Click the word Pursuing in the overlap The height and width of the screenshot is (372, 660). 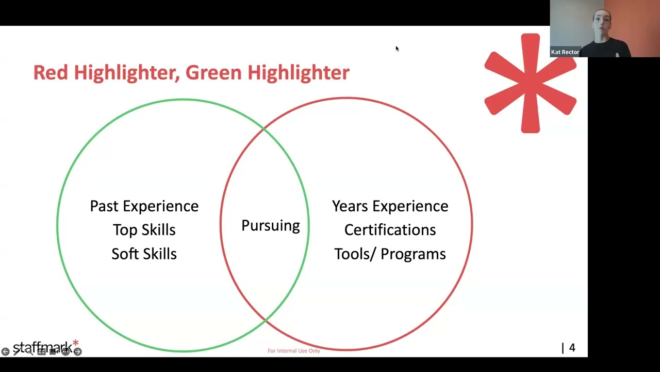(270, 226)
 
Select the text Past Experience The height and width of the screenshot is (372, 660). (144, 206)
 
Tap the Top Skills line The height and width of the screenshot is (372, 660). (144, 230)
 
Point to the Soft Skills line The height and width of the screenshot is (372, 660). (144, 254)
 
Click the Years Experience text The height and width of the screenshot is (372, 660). (390, 206)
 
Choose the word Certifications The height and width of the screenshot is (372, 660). (390, 230)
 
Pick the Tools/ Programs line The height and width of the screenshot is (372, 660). (390, 254)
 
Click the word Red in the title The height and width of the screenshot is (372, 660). (51, 72)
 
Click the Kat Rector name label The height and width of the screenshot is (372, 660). (565, 52)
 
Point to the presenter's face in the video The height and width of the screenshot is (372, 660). (602, 24)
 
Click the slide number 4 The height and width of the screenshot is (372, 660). (572, 348)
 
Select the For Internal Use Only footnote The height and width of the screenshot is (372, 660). (293, 351)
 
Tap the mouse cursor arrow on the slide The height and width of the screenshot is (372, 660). (397, 48)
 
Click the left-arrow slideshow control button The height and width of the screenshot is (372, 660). (5, 352)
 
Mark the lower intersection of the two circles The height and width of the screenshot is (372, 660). (265, 321)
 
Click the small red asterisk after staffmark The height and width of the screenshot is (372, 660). (76, 343)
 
